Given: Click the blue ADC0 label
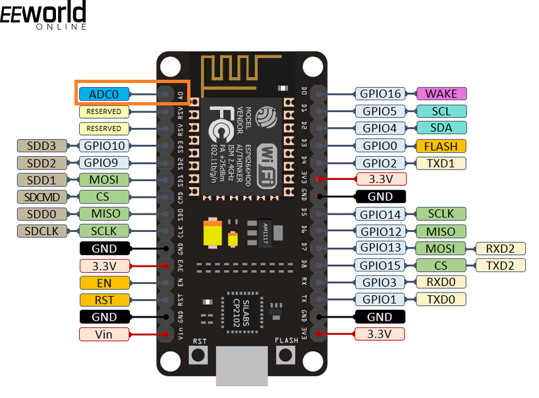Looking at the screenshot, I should tap(103, 94).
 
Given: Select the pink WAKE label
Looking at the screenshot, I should tap(441, 94).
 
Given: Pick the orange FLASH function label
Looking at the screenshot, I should tap(441, 146).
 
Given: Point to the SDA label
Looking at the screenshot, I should tap(441, 128).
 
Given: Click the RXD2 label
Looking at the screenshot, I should tap(500, 248).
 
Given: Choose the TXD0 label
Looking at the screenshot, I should tap(441, 299).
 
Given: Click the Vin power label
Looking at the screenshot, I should tap(103, 334).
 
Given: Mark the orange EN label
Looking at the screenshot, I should tap(103, 283).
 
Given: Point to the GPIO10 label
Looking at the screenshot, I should tap(103, 145).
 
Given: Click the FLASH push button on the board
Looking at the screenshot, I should tap(285, 355).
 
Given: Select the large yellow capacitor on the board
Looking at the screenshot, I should tap(213, 233).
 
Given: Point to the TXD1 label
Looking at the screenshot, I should tap(441, 163).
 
